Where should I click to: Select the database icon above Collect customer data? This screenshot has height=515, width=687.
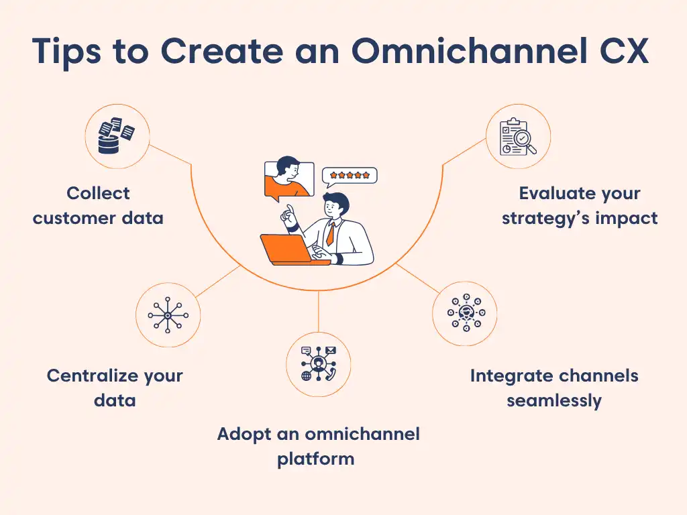[117, 136]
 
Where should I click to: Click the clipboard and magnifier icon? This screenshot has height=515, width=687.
[518, 136]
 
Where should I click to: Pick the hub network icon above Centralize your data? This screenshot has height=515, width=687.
[168, 314]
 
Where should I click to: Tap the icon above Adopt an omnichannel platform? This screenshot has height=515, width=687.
[318, 364]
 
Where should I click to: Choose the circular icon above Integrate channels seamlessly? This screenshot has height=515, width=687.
[464, 313]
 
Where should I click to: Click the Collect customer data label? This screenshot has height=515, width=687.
[98, 205]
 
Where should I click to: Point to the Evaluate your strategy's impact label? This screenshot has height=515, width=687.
[580, 205]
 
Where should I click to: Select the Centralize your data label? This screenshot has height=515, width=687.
[115, 388]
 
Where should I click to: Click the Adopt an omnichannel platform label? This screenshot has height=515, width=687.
[318, 446]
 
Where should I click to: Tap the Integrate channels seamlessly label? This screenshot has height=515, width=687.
[554, 388]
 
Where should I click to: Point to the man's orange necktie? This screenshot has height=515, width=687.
[331, 233]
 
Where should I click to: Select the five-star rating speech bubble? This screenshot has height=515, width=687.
[350, 176]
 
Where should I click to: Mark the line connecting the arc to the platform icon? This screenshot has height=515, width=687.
[318, 312]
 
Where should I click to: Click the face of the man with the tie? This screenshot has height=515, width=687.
[336, 207]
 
